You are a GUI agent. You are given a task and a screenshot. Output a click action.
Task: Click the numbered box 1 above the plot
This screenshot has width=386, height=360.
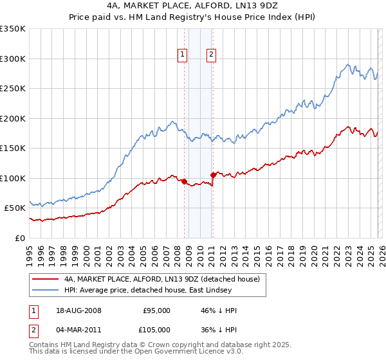(x=183, y=55)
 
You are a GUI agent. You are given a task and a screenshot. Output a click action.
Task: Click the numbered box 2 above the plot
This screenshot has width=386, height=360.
(x=211, y=55)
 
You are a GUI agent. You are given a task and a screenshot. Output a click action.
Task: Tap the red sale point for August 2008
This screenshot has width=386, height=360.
(x=184, y=181)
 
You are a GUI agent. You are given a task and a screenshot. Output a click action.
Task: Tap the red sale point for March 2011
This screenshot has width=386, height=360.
(x=213, y=175)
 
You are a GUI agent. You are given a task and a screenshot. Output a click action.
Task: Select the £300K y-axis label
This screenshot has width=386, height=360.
(x=14, y=59)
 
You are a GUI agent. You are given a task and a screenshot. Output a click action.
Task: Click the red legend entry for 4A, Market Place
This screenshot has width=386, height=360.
(x=161, y=279)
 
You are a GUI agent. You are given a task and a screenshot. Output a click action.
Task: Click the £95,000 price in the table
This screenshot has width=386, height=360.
(x=156, y=310)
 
